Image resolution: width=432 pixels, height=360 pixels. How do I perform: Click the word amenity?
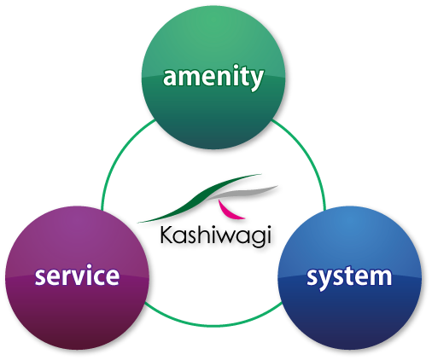coord(213,77)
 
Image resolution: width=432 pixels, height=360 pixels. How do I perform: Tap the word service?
coord(77,276)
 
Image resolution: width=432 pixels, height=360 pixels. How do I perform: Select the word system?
coord(349,278)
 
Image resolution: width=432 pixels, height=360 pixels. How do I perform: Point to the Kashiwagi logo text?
coord(215,235)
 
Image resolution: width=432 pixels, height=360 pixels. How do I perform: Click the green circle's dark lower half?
coord(213,113)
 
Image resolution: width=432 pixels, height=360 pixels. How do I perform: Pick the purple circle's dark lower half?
coord(77,313)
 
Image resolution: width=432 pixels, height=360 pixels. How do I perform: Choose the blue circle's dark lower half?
coord(349,313)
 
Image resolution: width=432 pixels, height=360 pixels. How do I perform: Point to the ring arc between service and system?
coord(213,325)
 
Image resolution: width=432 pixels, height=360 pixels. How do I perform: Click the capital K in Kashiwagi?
coord(166,235)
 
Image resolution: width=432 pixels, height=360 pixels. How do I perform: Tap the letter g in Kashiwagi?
coord(255,238)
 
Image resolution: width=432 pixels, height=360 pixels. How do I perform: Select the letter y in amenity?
coord(256,79)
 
